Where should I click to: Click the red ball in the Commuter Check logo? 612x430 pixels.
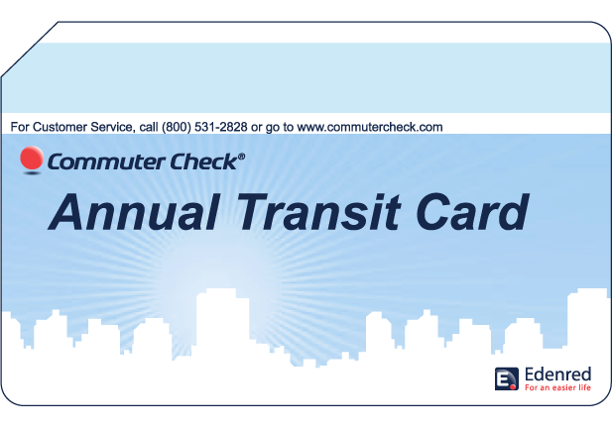coord(32,158)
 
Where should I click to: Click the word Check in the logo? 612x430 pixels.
coord(203,161)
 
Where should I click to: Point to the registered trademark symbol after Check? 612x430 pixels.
coord(241,157)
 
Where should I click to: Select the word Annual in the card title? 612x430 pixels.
coord(134,212)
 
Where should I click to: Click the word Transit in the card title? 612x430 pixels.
coord(319,211)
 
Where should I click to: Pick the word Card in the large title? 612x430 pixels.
coord(472,212)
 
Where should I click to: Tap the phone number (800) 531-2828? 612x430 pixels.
coord(204,127)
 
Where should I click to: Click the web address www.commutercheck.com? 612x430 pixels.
coord(370,127)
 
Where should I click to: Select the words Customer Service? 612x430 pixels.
coord(83,127)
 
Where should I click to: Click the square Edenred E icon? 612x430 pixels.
coord(507,378)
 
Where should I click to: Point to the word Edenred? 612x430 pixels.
coord(557,375)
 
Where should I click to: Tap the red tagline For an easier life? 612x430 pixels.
coord(557,387)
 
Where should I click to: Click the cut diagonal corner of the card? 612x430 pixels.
coord(30,50)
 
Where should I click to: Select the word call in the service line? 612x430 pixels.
coord(149,127)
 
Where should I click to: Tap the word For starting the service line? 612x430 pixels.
coord(20,127)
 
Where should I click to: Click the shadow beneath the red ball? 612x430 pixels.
coord(32,172)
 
